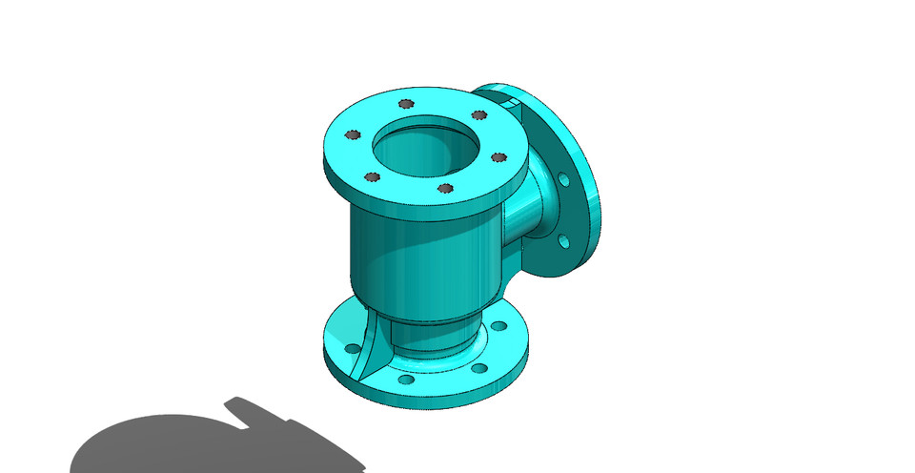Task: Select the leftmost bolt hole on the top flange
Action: click(353, 134)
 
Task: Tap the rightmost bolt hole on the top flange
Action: click(498, 157)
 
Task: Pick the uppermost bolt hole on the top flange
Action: click(406, 103)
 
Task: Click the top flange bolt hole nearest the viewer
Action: click(444, 188)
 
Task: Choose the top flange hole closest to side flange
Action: click(480, 114)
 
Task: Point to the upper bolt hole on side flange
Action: click(564, 178)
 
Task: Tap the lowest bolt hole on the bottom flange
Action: click(407, 380)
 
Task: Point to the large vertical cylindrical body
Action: click(419, 257)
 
